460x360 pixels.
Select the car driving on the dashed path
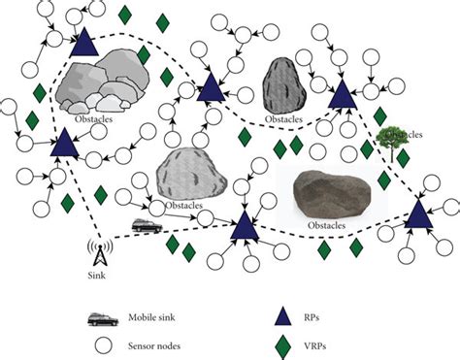(147, 225)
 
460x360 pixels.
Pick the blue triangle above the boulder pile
(82, 42)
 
